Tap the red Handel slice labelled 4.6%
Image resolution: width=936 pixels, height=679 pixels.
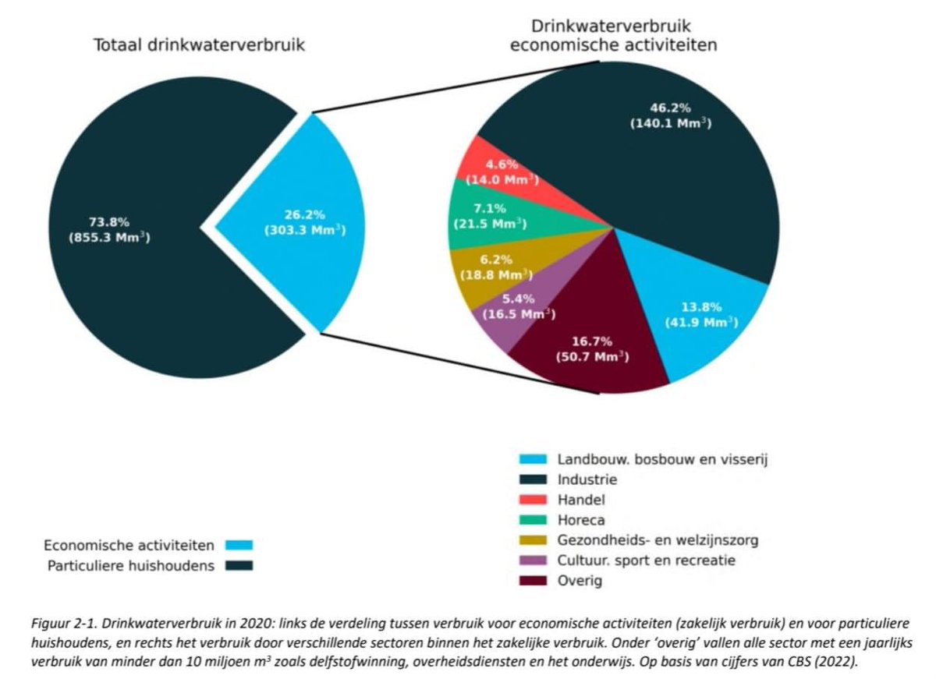[x=499, y=172]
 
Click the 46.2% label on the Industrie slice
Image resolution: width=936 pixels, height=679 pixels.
[x=670, y=109]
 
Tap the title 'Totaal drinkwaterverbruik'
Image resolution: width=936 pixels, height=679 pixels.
[x=199, y=45]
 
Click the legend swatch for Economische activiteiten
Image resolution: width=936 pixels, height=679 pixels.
[x=239, y=545]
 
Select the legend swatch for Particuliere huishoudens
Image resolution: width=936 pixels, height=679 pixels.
[x=239, y=566]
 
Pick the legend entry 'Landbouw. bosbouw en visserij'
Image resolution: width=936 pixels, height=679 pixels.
[x=663, y=460]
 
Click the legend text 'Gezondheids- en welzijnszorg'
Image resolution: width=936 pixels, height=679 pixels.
[x=658, y=540]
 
